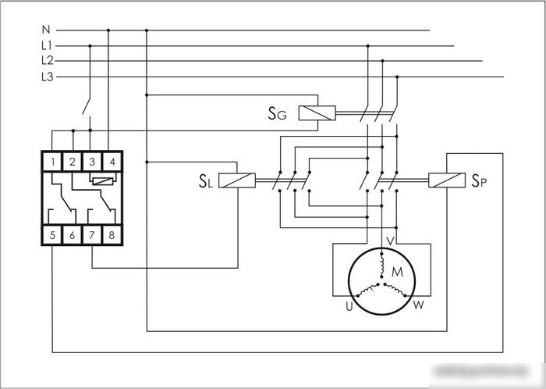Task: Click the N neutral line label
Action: pyautogui.click(x=46, y=30)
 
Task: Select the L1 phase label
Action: pyautogui.click(x=46, y=45)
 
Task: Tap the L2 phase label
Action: pyautogui.click(x=47, y=61)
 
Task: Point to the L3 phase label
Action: pyautogui.click(x=47, y=77)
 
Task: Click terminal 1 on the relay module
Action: pyautogui.click(x=52, y=162)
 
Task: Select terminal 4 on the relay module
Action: pyautogui.click(x=112, y=162)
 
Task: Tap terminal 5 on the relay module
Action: pyautogui.click(x=52, y=235)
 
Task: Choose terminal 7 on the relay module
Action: pyautogui.click(x=92, y=235)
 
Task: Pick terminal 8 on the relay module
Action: pyautogui.click(x=112, y=235)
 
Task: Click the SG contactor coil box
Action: pyautogui.click(x=317, y=113)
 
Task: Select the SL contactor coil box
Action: pyautogui.click(x=237, y=180)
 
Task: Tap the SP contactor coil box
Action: pyautogui.click(x=447, y=180)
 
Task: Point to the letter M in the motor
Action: pyautogui.click(x=397, y=272)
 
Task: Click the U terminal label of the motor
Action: pyautogui.click(x=349, y=306)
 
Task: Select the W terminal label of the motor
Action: pyautogui.click(x=419, y=305)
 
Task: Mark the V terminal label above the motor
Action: pyautogui.click(x=391, y=241)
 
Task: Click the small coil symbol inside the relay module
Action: pyautogui.click(x=103, y=181)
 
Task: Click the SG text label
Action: pyautogui.click(x=277, y=113)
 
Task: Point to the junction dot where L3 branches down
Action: pyautogui.click(x=397, y=77)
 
